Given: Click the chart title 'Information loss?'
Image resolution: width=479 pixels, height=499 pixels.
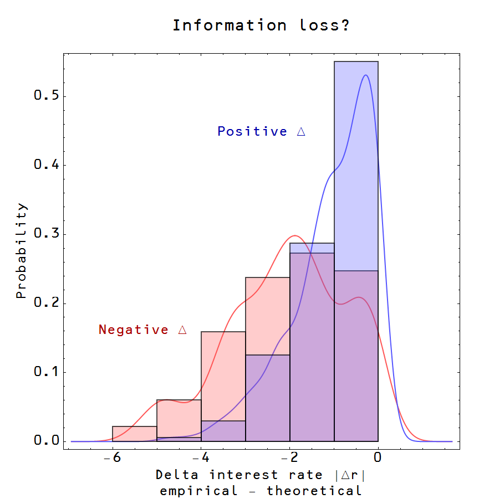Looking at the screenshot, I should click(x=261, y=25).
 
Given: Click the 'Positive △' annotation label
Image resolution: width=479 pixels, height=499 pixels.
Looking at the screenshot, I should click(x=261, y=132).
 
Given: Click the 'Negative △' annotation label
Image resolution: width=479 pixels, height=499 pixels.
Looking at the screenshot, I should click(x=142, y=330).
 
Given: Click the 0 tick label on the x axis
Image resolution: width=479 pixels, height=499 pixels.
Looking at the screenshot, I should click(x=378, y=457).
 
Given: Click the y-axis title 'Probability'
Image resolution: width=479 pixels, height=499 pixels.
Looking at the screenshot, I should click(x=21, y=251).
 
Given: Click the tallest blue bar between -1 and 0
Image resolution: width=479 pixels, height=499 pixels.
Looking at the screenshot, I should click(x=356, y=166).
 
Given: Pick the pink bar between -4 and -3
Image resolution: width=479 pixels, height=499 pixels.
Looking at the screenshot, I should click(x=223, y=377).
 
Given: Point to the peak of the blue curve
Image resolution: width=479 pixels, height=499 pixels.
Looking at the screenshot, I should click(x=365, y=75).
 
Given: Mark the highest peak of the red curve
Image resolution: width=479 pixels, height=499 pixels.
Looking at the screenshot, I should click(x=294, y=235).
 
